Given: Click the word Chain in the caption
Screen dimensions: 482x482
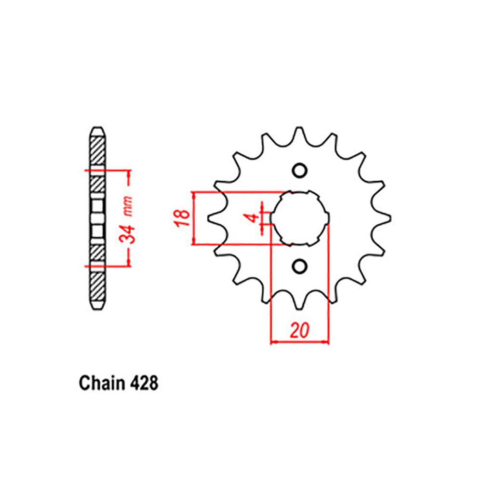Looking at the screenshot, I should [x=101, y=384].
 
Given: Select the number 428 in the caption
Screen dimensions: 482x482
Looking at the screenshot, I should [x=143, y=384].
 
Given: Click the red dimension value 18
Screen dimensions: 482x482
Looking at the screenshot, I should [x=182, y=218].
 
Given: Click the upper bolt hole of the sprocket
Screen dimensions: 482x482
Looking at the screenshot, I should [x=299, y=171].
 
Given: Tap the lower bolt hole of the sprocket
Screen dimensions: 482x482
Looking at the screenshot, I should [x=299, y=266].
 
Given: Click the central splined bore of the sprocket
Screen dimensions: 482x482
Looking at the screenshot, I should [x=299, y=218].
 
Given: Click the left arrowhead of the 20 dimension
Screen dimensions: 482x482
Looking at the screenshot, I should [x=273, y=342].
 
